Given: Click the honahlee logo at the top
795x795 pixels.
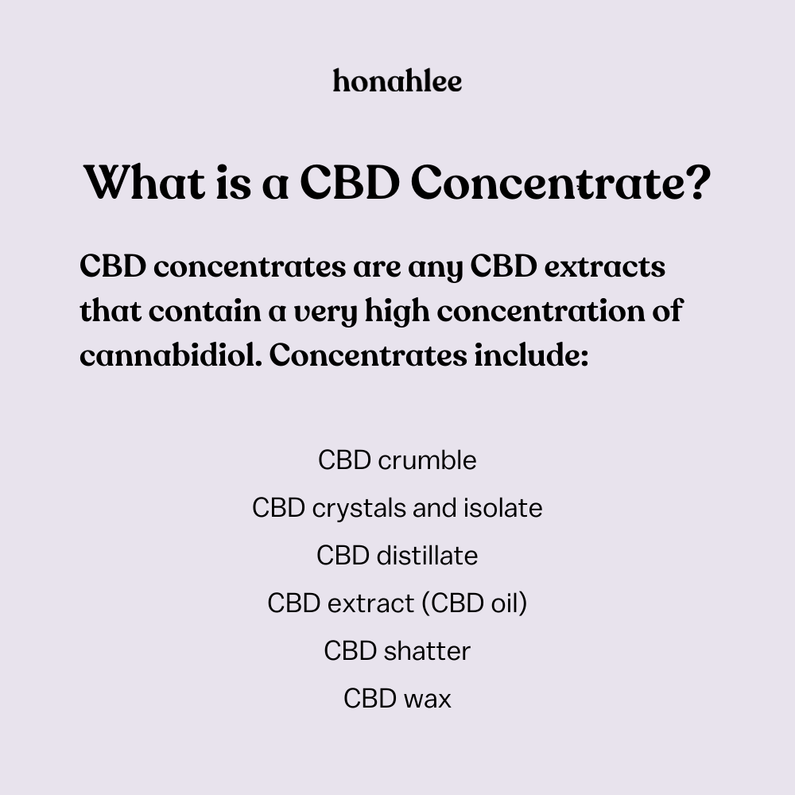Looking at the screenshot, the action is [x=397, y=81].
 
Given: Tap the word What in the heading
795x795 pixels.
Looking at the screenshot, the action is [x=145, y=182].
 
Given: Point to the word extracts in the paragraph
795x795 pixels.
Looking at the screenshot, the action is [x=604, y=266].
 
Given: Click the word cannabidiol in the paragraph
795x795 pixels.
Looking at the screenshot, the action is [x=171, y=355].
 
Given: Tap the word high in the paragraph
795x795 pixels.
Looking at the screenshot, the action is [x=397, y=312].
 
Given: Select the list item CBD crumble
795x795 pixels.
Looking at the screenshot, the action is [x=397, y=460].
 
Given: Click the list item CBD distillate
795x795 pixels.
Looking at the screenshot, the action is [x=397, y=556].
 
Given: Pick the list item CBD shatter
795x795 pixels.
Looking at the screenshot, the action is [x=397, y=651].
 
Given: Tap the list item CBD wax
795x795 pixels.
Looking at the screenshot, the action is [x=397, y=699].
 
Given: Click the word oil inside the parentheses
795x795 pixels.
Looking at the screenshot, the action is [x=506, y=603].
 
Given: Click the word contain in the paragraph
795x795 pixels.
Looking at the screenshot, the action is [x=205, y=311].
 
